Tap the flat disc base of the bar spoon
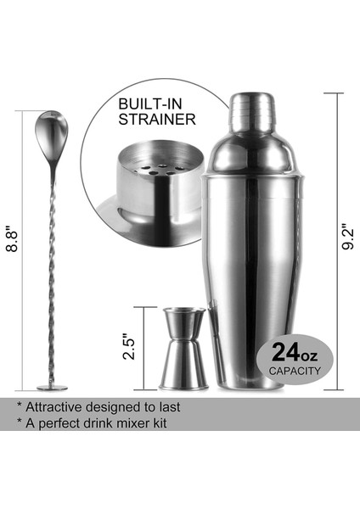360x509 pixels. point(53,387)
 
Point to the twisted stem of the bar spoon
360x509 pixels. point(53,271)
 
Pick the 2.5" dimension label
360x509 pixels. point(128,349)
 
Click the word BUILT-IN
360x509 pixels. point(145,103)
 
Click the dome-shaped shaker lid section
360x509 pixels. point(251,149)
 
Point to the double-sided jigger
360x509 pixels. point(183,348)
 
